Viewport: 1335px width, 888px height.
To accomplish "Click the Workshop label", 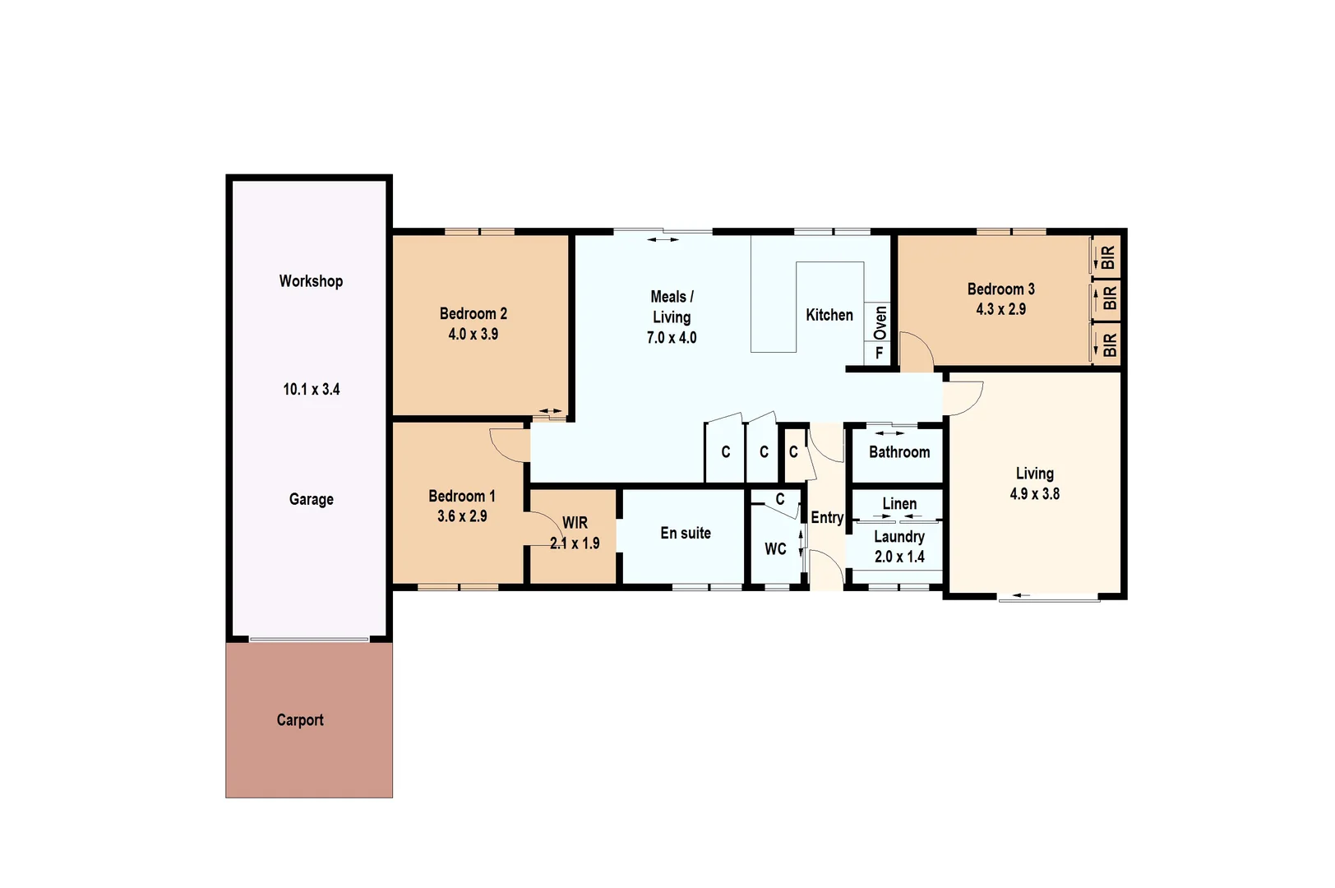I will pos(311,281).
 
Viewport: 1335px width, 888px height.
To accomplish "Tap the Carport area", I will pos(300,720).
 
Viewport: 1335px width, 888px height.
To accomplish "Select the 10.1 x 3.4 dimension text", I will pos(311,390).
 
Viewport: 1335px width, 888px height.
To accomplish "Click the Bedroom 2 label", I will pos(473,313).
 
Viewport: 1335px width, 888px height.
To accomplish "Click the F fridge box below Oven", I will pos(879,354).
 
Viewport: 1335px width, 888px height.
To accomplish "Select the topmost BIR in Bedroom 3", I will pos(1108,257).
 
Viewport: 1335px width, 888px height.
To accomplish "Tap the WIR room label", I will pos(575,523).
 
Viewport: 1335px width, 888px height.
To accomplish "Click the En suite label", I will pos(685,533).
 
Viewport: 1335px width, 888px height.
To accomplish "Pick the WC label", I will pos(775,549).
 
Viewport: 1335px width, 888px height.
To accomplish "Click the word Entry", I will pos(826,517).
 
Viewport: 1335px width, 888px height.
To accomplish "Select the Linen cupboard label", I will pos(898,503).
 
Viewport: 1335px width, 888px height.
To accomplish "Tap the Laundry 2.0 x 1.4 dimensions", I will pos(898,557).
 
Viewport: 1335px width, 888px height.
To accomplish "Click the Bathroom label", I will pos(898,452).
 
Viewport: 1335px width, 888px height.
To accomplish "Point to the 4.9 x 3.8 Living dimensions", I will pos(1034,494).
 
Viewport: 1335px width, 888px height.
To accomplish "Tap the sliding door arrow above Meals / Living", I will pos(663,240).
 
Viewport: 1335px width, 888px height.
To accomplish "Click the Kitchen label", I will pos(829,315).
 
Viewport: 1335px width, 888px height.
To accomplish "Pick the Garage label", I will pos(311,499).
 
